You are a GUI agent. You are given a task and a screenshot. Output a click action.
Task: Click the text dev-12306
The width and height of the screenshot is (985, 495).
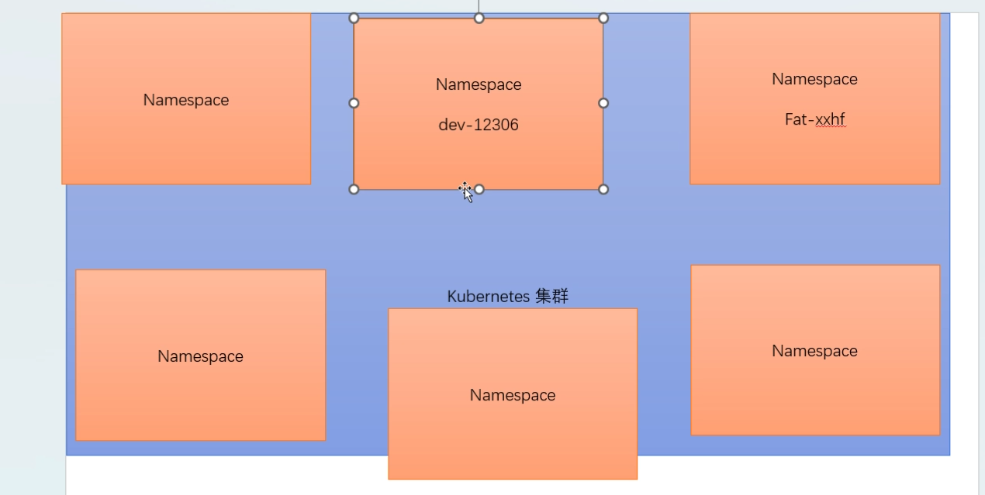pyautogui.click(x=479, y=125)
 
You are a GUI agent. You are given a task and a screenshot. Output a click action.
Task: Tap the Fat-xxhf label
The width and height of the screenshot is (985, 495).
pyautogui.click(x=814, y=120)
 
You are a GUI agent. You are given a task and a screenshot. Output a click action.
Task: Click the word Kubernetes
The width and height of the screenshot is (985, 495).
pyautogui.click(x=488, y=297)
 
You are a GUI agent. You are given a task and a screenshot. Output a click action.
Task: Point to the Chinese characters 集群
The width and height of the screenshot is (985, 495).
pyautogui.click(x=552, y=297)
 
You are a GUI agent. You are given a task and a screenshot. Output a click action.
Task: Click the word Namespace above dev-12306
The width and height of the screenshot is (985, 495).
pyautogui.click(x=479, y=84)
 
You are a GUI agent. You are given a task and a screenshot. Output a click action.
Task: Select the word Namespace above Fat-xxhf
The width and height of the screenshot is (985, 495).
pyautogui.click(x=814, y=79)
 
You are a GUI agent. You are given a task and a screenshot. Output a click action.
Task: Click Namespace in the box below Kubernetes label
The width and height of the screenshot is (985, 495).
pyautogui.click(x=513, y=395)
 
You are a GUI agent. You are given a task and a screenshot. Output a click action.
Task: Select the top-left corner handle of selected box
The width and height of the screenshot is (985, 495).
pyautogui.click(x=354, y=18)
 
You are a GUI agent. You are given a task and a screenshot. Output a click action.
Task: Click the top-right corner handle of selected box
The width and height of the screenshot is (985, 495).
pyautogui.click(x=603, y=18)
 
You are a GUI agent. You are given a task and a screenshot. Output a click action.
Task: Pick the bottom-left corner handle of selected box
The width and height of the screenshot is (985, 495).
pyautogui.click(x=354, y=189)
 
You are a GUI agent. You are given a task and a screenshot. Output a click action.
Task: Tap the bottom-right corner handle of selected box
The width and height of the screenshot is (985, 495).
pyautogui.click(x=603, y=189)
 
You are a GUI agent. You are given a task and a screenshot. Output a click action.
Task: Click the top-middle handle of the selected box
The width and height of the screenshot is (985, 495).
pyautogui.click(x=479, y=18)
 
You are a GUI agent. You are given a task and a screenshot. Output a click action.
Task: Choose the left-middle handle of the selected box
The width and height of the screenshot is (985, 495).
pyautogui.click(x=354, y=103)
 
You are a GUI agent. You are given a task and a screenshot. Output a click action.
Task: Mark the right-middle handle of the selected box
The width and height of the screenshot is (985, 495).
pyautogui.click(x=603, y=103)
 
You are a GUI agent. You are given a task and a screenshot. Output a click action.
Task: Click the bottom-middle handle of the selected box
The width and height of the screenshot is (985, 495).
pyautogui.click(x=479, y=189)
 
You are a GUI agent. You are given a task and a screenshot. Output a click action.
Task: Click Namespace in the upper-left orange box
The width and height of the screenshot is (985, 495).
pyautogui.click(x=186, y=100)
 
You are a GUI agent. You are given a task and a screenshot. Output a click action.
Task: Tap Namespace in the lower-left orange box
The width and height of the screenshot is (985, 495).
pyautogui.click(x=200, y=356)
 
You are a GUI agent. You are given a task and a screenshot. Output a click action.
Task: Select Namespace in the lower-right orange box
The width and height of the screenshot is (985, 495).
pyautogui.click(x=814, y=351)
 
